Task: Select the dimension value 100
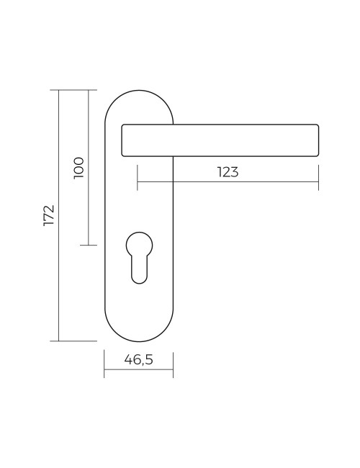coord(79,167)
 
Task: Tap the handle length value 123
coord(227,172)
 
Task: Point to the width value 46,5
coord(138,360)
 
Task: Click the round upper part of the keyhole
coord(139,243)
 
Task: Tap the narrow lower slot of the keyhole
coord(139,270)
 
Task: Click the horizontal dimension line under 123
coord(227,183)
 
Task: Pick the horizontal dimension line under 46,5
coord(138,372)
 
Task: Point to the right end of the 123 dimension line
coord(318,183)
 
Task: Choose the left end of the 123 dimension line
coord(137,183)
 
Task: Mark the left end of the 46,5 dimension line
coord(105,372)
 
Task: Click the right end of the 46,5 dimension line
coord(173,372)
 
